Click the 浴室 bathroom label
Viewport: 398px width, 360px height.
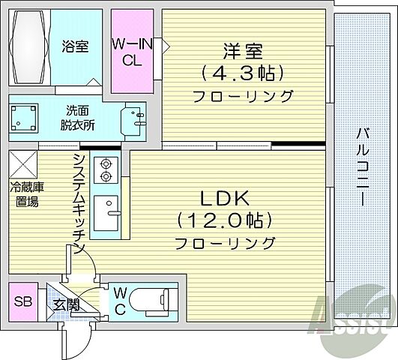[x=75, y=46]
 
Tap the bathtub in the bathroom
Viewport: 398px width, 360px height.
[x=29, y=46]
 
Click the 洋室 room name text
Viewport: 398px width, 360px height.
[x=242, y=52]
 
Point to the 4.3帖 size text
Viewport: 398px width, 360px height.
[x=242, y=74]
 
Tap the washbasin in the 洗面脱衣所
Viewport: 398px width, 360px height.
[x=136, y=118]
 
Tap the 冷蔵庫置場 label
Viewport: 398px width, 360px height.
[x=24, y=194]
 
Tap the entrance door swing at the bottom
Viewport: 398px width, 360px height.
[x=75, y=341]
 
